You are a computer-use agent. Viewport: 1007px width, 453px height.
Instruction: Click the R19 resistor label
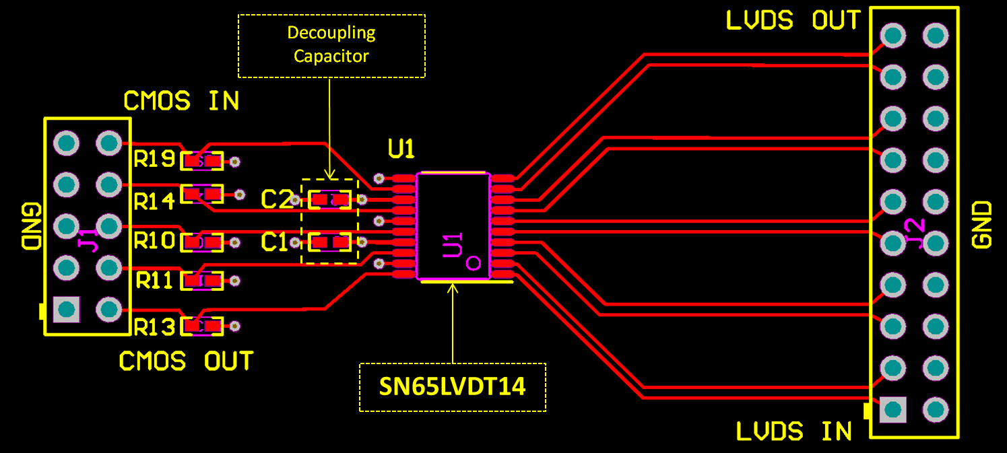coord(154,160)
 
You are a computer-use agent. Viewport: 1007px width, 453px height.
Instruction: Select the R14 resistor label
coord(154,201)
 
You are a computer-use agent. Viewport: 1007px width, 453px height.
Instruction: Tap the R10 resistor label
coord(154,240)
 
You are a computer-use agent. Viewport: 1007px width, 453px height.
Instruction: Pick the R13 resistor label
coord(154,326)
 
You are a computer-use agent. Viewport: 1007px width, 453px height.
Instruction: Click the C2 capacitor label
coord(276,199)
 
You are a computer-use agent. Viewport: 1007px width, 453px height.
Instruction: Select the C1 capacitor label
coord(275,242)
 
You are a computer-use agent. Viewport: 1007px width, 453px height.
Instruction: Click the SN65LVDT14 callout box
coord(453,387)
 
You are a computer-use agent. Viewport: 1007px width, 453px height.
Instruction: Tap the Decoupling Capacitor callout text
coord(331,44)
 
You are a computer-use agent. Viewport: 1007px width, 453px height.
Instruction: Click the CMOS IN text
coord(181,102)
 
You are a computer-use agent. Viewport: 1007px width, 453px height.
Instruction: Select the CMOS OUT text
coord(186,361)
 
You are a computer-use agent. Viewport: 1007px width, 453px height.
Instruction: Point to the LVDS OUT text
coord(793,21)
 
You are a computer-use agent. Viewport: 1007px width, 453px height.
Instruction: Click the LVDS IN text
coord(793,431)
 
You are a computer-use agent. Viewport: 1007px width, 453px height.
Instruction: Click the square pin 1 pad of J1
coord(66,309)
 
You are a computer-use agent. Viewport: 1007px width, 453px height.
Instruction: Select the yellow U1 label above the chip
coord(401,149)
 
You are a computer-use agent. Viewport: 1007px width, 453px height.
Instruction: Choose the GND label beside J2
coord(983,225)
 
